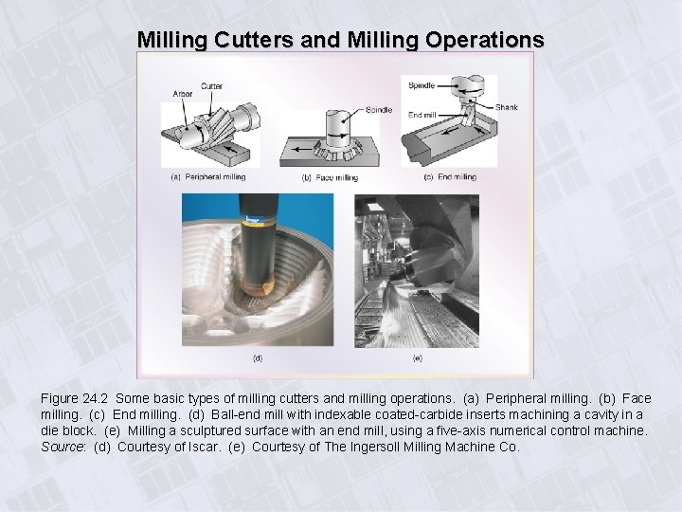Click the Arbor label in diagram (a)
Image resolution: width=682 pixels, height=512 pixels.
pyautogui.click(x=183, y=94)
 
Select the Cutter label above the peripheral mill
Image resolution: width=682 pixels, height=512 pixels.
pyautogui.click(x=212, y=86)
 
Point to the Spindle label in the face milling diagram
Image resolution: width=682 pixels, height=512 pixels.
pyautogui.click(x=378, y=110)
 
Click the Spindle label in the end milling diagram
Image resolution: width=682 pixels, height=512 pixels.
pyautogui.click(x=422, y=86)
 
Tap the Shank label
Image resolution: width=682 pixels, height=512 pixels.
pyautogui.click(x=506, y=107)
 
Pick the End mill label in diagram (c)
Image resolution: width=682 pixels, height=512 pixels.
pyautogui.click(x=422, y=115)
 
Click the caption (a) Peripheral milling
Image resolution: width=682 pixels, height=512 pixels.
pyautogui.click(x=207, y=176)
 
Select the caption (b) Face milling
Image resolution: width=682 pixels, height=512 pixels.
pyautogui.click(x=330, y=177)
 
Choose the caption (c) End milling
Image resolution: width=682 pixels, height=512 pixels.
pyautogui.click(x=451, y=176)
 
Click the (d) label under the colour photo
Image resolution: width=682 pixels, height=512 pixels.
pyautogui.click(x=257, y=358)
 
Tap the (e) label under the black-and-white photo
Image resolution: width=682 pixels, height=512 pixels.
pyautogui.click(x=417, y=358)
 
